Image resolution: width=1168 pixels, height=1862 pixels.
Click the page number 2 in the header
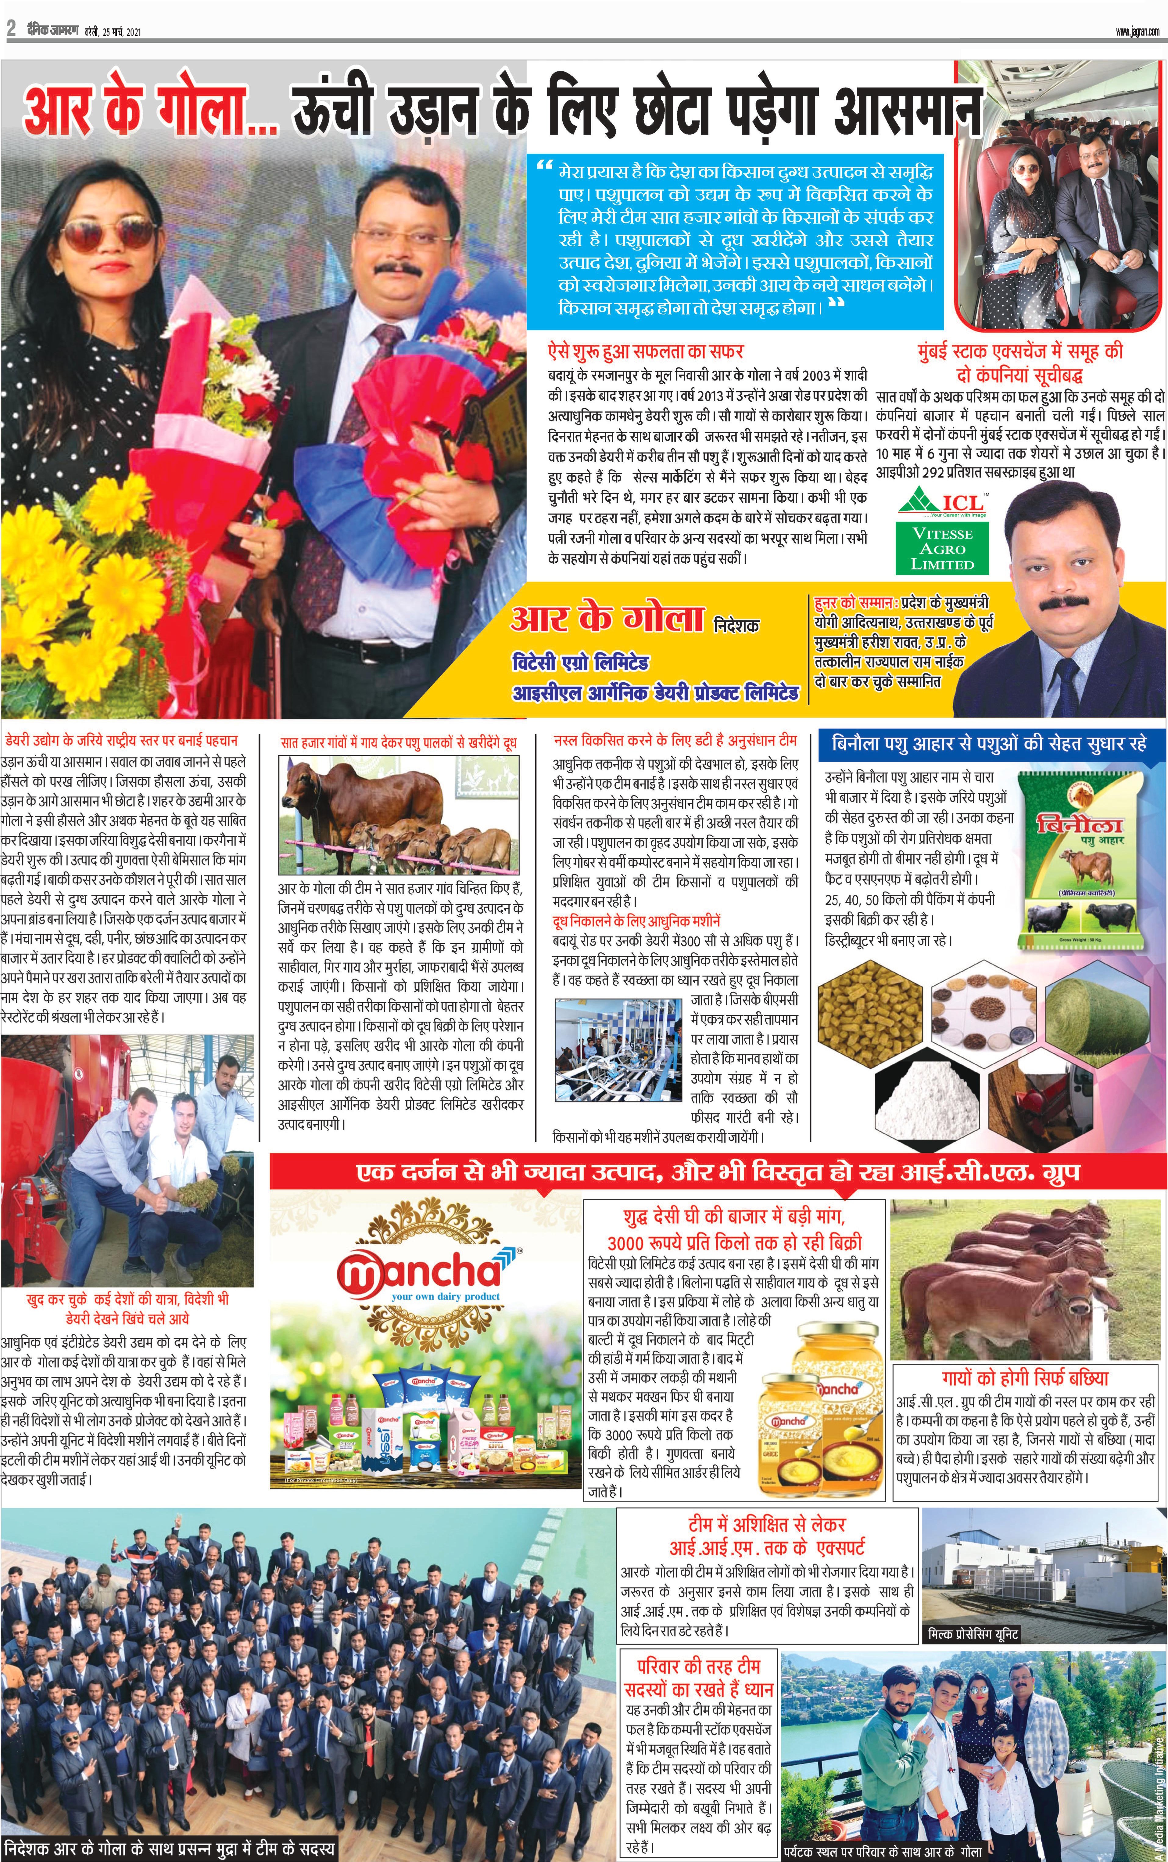coord(11,29)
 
